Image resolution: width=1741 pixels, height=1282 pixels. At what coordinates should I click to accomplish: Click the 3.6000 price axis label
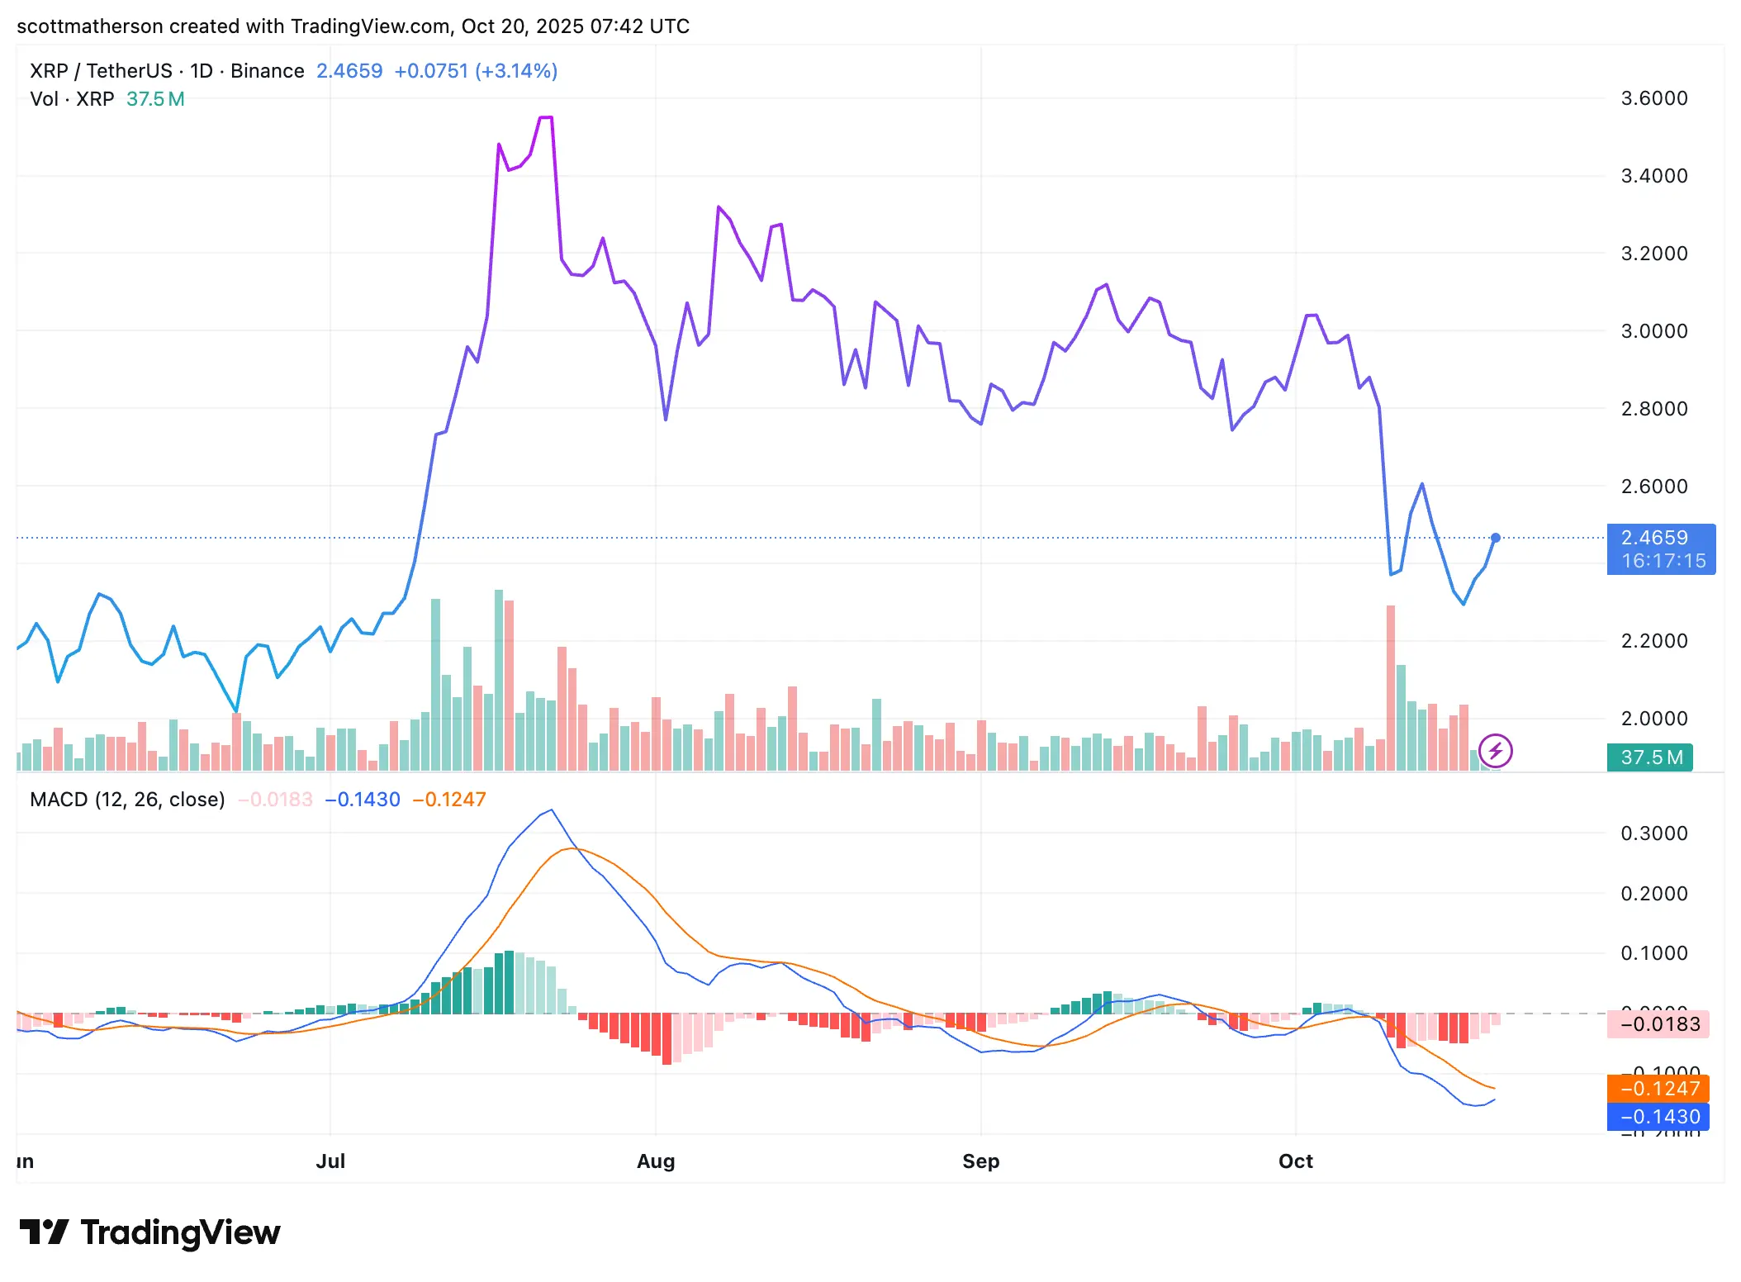pyautogui.click(x=1653, y=98)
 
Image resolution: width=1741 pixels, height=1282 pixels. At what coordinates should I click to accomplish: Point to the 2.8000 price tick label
pyautogui.click(x=1653, y=409)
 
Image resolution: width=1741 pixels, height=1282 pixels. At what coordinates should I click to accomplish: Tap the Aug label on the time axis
pyautogui.click(x=656, y=1161)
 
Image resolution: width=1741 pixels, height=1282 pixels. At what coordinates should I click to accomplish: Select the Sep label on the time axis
pyautogui.click(x=980, y=1161)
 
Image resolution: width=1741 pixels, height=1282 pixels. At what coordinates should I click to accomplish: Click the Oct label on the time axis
pyautogui.click(x=1295, y=1161)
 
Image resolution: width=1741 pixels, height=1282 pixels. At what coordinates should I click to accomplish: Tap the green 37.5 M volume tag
pyautogui.click(x=1649, y=757)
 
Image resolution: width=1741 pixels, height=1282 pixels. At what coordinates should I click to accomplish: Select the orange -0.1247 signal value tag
pyautogui.click(x=1658, y=1088)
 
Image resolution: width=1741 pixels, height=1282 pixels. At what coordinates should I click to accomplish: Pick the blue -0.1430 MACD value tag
pyautogui.click(x=1658, y=1117)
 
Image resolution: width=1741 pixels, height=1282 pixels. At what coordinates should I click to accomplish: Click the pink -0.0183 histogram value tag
pyautogui.click(x=1658, y=1024)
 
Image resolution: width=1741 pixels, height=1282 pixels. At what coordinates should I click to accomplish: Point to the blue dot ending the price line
pyautogui.click(x=1495, y=538)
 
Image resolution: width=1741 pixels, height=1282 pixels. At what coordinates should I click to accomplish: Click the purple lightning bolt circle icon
pyautogui.click(x=1495, y=751)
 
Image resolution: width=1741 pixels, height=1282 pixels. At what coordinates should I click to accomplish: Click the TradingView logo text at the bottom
pyautogui.click(x=180, y=1232)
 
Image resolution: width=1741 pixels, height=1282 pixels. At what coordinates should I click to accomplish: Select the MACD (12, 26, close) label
pyautogui.click(x=127, y=800)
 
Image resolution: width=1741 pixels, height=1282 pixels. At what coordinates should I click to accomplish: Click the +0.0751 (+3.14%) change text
pyautogui.click(x=476, y=71)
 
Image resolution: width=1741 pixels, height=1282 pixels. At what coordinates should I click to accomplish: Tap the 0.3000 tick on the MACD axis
pyautogui.click(x=1653, y=833)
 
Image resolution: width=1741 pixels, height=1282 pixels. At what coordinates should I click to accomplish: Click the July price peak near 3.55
pyautogui.click(x=546, y=118)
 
